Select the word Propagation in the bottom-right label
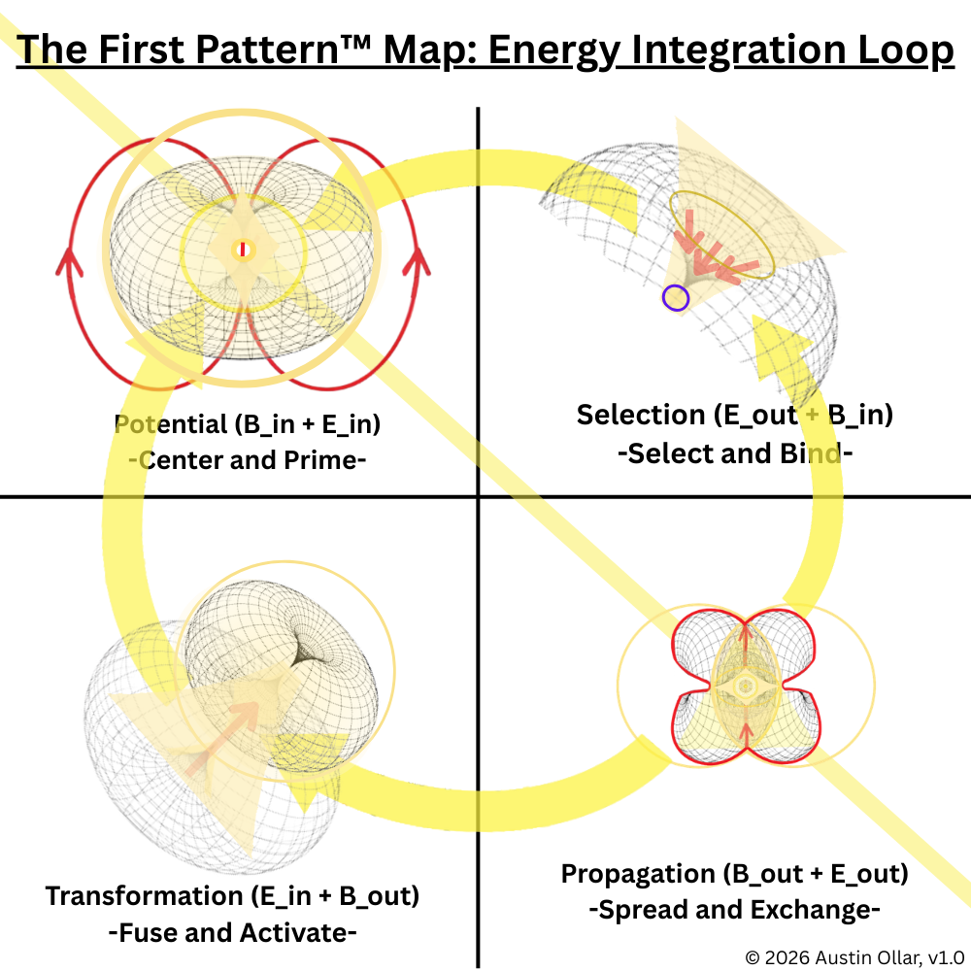point(638,874)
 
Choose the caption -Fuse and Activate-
point(233,933)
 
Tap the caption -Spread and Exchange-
point(734,911)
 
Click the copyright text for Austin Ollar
point(854,955)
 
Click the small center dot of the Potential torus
point(243,251)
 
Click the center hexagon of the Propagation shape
point(746,686)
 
